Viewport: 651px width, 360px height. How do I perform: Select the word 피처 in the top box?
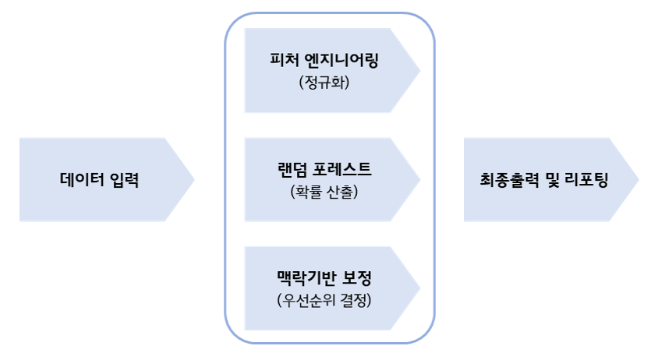pyautogui.click(x=285, y=60)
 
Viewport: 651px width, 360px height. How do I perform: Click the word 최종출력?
pyautogui.click(x=508, y=180)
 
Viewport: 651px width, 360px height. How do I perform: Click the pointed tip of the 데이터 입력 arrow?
pyautogui.click(x=193, y=180)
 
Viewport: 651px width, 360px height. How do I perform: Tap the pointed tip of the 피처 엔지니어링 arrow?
pyautogui.click(x=420, y=71)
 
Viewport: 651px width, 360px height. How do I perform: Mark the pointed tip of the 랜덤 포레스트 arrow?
pyautogui.click(x=420, y=180)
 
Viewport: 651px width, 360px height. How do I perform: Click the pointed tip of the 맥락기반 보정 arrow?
pyautogui.click(x=420, y=288)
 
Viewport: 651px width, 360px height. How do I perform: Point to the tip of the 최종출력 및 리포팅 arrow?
pyautogui.click(x=638, y=180)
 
